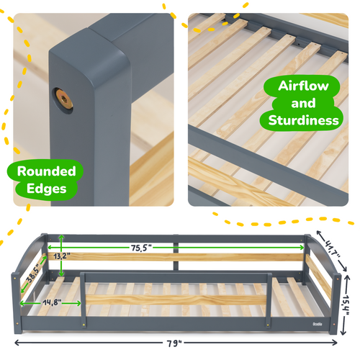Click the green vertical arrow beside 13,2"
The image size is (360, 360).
pos(63,256)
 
